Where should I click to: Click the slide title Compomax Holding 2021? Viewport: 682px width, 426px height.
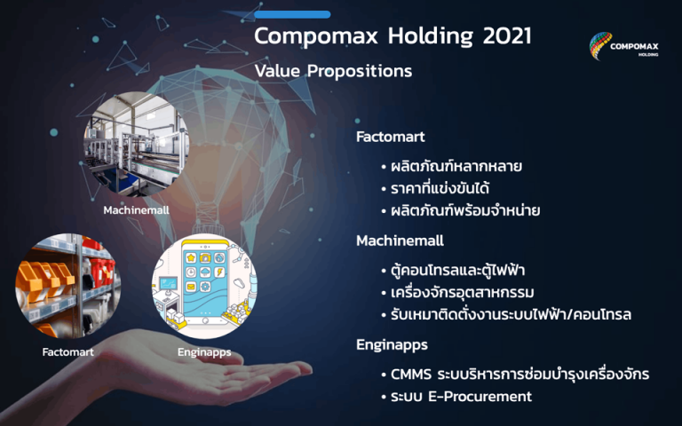click(x=393, y=37)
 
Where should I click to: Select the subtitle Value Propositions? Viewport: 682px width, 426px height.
click(x=333, y=71)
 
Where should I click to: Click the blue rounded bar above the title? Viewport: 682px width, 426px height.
click(x=292, y=14)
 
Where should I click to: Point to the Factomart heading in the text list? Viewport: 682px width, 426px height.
click(x=390, y=138)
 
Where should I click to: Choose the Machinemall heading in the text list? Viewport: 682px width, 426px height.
click(x=400, y=241)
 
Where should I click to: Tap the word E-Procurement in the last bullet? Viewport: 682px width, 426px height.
click(x=480, y=397)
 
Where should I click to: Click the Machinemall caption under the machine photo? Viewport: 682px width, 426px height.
click(x=136, y=210)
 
